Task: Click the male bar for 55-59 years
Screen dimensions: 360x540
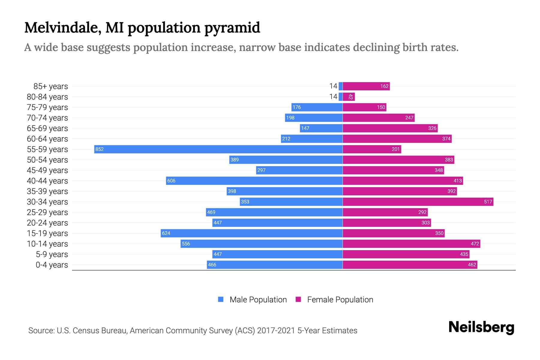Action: pyautogui.click(x=218, y=149)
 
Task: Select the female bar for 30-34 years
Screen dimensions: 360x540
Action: pyautogui.click(x=418, y=202)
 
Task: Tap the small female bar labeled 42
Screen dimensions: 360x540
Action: pyautogui.click(x=349, y=97)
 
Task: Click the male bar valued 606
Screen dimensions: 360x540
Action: pyautogui.click(x=254, y=181)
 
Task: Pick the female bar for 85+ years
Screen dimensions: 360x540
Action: pyautogui.click(x=366, y=86)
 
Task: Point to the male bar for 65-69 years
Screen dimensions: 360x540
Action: pyautogui.click(x=321, y=128)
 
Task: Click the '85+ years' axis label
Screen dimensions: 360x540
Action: pyautogui.click(x=51, y=86)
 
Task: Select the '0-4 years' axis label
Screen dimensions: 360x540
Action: pyautogui.click(x=52, y=265)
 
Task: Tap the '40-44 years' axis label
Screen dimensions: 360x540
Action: pyautogui.click(x=47, y=181)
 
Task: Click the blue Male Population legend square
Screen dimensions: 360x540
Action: pyautogui.click(x=221, y=299)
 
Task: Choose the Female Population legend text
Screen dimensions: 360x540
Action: pyautogui.click(x=340, y=299)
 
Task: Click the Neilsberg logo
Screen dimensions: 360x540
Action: pyautogui.click(x=481, y=327)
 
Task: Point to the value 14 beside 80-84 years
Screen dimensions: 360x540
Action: pyautogui.click(x=333, y=97)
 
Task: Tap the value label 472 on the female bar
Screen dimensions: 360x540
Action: pyautogui.click(x=475, y=244)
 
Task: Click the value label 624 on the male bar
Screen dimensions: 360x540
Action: pyautogui.click(x=166, y=233)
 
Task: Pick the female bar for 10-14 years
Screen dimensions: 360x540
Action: pyautogui.click(x=411, y=244)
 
